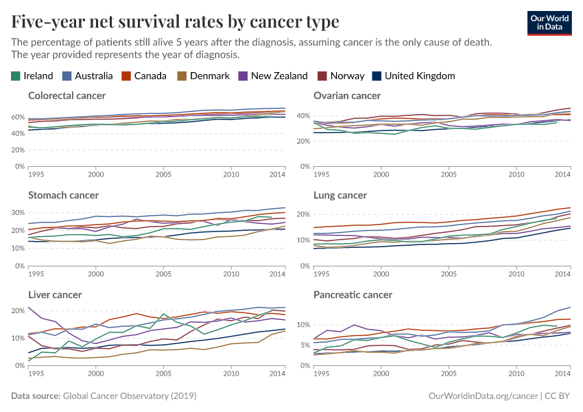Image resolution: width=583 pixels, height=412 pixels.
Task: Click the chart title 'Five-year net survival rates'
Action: coord(175,22)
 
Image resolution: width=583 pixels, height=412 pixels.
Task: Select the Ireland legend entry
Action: coord(32,76)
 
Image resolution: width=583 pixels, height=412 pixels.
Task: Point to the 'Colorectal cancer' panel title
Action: coord(67,95)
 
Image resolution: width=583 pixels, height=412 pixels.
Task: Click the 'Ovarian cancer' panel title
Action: coord(347,95)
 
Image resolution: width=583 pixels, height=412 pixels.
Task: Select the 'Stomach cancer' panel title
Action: coord(63,195)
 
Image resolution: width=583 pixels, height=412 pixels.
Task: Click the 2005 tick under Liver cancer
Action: coord(163,374)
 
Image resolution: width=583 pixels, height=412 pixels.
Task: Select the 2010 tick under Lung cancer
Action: coord(516,274)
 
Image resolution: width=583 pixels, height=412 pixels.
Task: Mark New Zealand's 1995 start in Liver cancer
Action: coord(28,307)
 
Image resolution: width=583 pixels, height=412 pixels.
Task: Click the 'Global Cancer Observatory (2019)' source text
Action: coord(130,396)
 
